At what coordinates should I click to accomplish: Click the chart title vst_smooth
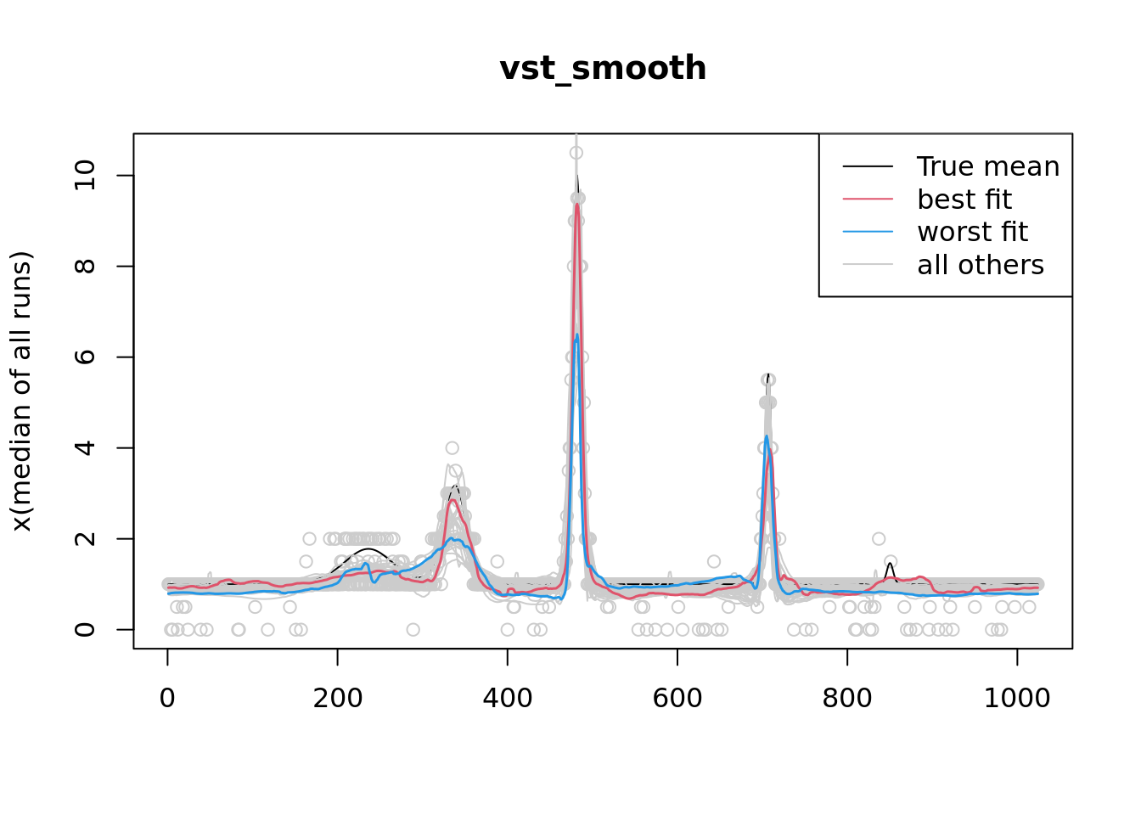click(603, 69)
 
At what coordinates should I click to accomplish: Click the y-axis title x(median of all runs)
click(21, 391)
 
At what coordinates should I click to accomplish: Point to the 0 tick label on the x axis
click(167, 698)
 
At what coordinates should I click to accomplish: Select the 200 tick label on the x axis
click(337, 698)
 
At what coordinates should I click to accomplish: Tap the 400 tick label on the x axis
click(507, 698)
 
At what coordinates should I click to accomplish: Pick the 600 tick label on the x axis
click(677, 698)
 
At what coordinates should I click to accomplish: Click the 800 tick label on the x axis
click(847, 698)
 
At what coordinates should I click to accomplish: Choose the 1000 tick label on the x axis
click(1017, 698)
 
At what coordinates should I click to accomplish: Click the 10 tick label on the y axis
click(85, 176)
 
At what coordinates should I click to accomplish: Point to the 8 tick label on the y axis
click(85, 267)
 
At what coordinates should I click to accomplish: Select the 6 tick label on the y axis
click(85, 357)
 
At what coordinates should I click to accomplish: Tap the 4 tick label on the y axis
click(85, 448)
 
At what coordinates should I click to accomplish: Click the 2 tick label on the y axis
click(85, 539)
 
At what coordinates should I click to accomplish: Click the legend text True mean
click(988, 166)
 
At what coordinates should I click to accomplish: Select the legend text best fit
click(964, 200)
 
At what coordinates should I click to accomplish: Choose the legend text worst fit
click(972, 232)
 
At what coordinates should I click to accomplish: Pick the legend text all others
click(981, 265)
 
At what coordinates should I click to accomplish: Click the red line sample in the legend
click(868, 200)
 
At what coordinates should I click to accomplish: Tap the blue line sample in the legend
click(868, 232)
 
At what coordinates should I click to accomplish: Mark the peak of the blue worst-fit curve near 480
click(577, 335)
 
